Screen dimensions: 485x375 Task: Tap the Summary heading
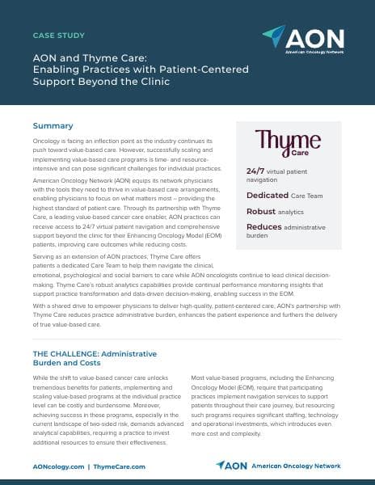(x=53, y=126)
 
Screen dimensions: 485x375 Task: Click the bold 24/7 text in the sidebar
(x=256, y=171)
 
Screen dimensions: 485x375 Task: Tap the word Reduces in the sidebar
(x=264, y=227)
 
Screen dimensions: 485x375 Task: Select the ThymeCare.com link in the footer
(x=120, y=467)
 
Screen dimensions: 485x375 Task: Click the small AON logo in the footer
(x=232, y=466)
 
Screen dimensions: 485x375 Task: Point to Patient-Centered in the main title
(x=206, y=70)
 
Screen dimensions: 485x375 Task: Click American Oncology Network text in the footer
(x=296, y=466)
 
